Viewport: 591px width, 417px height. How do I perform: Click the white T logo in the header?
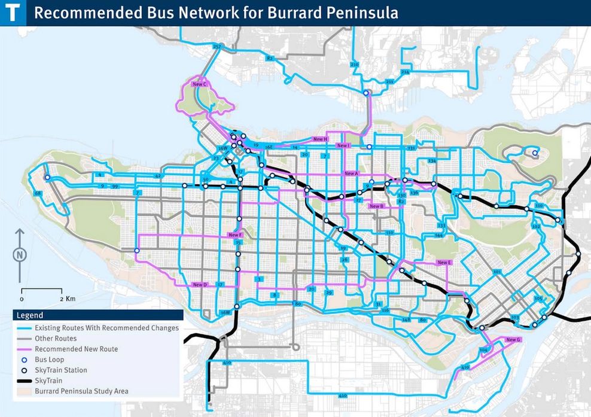[13, 13]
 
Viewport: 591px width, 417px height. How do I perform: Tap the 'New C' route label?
[200, 85]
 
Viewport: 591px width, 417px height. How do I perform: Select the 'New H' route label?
[321, 139]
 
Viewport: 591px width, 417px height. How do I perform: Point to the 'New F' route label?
[235, 235]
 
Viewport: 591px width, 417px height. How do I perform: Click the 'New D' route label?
[200, 285]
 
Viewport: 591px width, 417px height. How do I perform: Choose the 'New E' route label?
[444, 263]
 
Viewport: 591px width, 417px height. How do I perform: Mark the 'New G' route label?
[514, 340]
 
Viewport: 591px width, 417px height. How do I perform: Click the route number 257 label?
[217, 47]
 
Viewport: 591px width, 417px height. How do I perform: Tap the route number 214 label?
[405, 72]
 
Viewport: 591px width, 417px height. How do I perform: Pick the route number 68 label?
[38, 193]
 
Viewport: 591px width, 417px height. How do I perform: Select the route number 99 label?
[114, 187]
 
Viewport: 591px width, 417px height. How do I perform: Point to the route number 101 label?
[496, 272]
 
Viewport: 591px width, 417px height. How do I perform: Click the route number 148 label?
[406, 320]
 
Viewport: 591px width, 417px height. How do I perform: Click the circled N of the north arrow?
[20, 254]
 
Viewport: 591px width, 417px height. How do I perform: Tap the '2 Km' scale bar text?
[67, 298]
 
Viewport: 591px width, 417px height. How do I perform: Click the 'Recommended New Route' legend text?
[77, 349]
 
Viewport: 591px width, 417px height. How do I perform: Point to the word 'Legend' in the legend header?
[30, 315]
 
